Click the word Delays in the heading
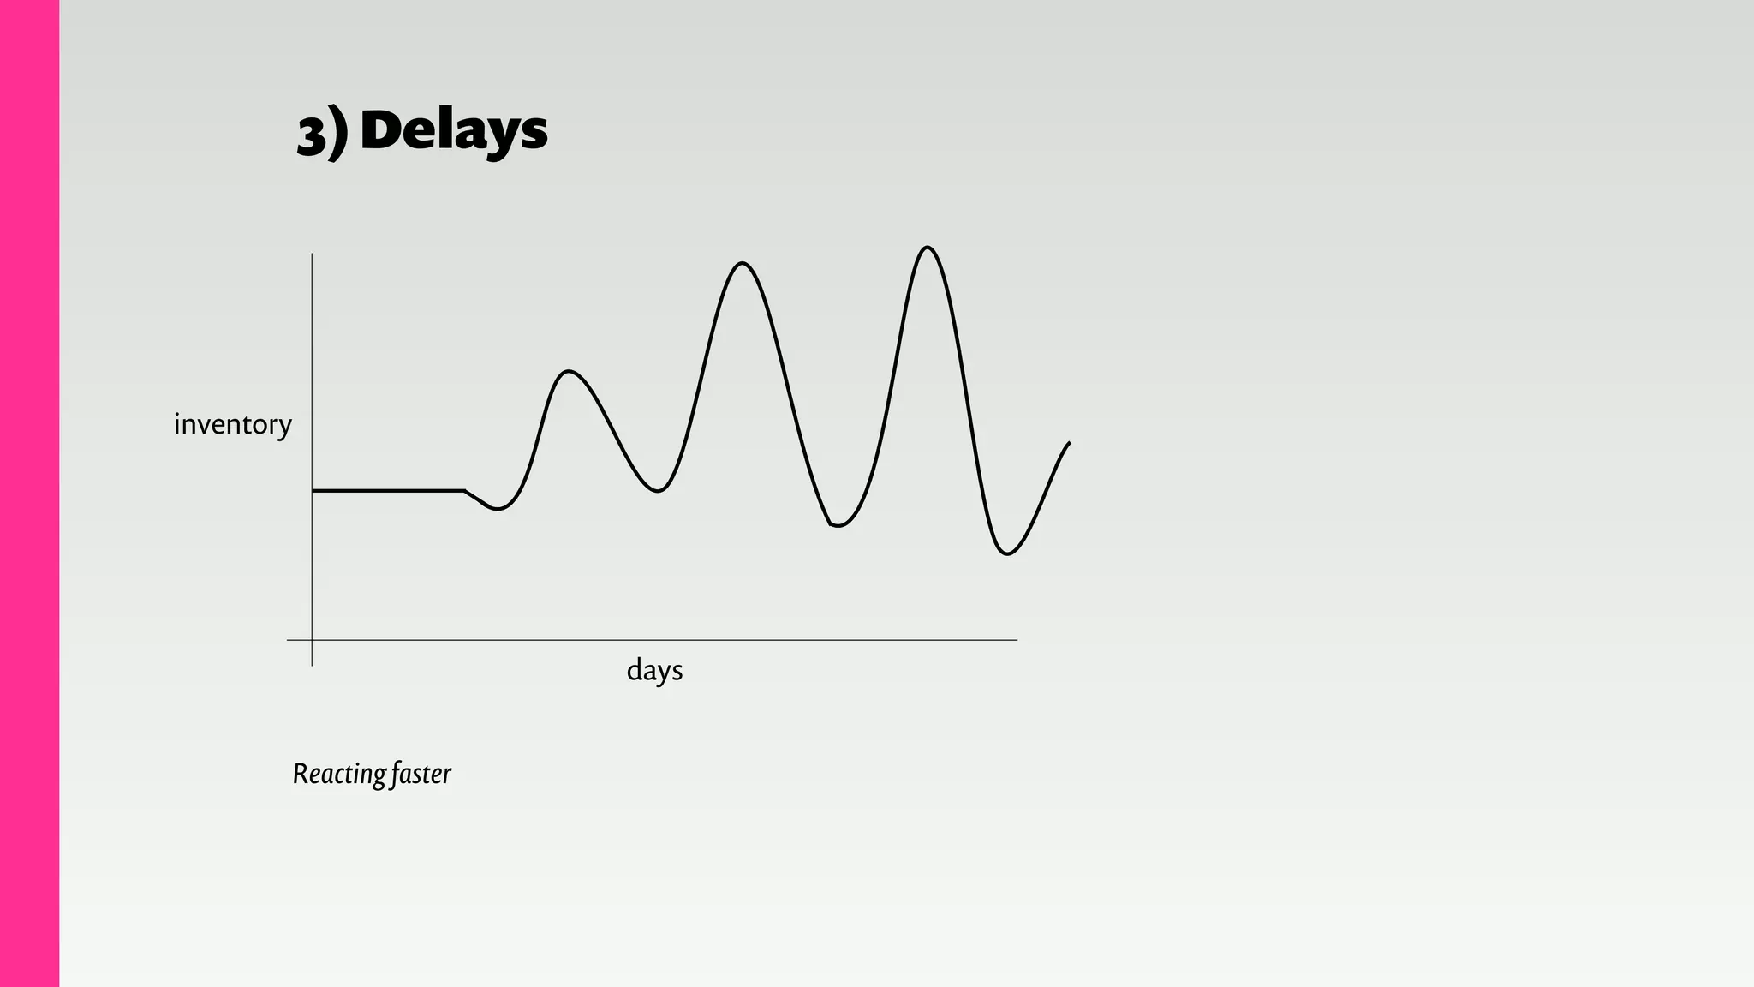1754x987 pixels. [x=454, y=130]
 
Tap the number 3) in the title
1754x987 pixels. [x=322, y=134]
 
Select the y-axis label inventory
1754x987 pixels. [x=232, y=424]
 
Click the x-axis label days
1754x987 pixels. [x=654, y=670]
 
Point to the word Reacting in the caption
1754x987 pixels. [x=338, y=774]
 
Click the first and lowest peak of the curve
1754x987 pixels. [x=569, y=372]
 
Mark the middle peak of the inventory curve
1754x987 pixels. [x=742, y=264]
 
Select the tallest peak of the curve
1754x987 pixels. [x=928, y=248]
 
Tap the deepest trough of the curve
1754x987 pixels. [x=1007, y=553]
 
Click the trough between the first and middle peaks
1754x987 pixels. [x=657, y=491]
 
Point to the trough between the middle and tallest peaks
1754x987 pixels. [x=838, y=525]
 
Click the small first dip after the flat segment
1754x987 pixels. [x=498, y=509]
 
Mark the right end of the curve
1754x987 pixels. [x=1069, y=443]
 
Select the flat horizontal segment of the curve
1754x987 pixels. [x=388, y=491]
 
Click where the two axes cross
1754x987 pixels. [x=312, y=640]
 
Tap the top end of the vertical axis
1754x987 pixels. [x=312, y=254]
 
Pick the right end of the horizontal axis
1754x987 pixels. [x=1016, y=640]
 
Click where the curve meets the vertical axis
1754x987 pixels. [x=313, y=491]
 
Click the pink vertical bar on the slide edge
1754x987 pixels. [x=29, y=493]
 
